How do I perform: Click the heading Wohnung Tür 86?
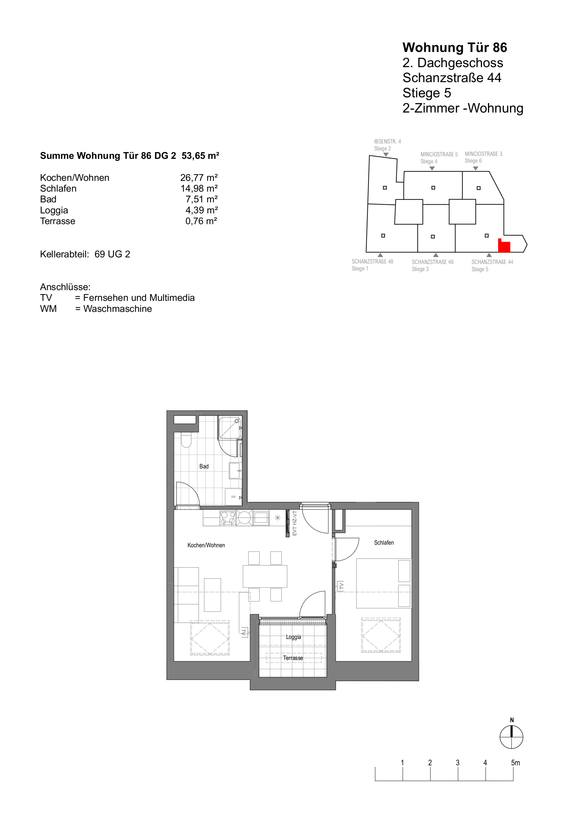(455, 48)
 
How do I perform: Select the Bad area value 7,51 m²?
(201, 199)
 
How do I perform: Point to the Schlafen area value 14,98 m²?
(199, 188)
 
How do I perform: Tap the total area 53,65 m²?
(200, 156)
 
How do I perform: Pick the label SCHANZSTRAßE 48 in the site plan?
(372, 261)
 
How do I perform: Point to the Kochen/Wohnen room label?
(206, 545)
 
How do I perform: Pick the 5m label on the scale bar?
(515, 763)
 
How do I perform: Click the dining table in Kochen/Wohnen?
(265, 576)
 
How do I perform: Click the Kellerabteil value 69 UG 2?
(112, 254)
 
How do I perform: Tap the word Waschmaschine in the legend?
(118, 309)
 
